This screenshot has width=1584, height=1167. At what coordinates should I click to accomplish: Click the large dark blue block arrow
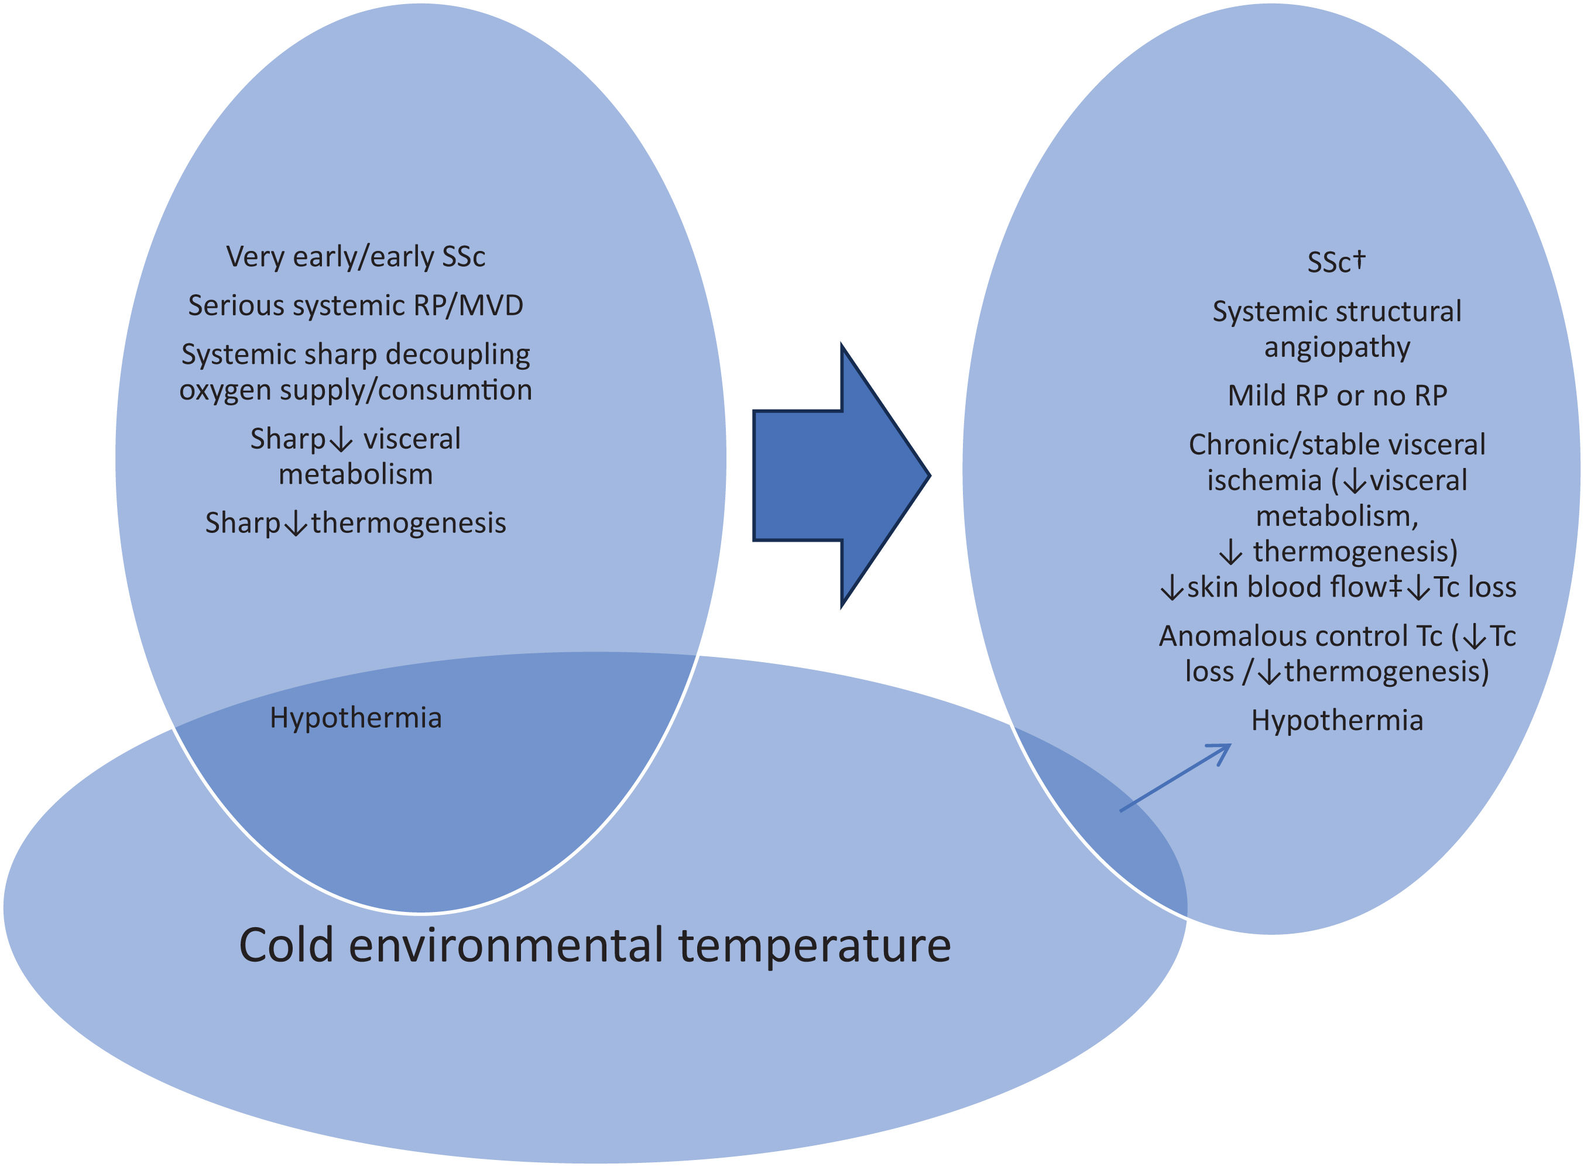[x=834, y=475]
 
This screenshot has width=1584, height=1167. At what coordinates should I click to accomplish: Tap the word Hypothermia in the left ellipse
[x=355, y=718]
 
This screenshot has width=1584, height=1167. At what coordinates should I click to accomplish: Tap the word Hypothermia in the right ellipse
[x=1336, y=721]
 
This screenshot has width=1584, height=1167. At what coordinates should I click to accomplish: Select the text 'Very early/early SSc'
[x=355, y=256]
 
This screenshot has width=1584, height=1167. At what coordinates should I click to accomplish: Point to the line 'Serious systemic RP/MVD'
[x=355, y=305]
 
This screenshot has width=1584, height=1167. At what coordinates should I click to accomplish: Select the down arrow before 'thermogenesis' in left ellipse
[x=296, y=524]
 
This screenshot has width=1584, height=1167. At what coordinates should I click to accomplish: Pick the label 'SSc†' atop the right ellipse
[x=1336, y=262]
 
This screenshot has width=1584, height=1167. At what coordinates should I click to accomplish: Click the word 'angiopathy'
[x=1336, y=347]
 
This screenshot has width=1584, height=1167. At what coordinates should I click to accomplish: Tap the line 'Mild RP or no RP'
[x=1336, y=395]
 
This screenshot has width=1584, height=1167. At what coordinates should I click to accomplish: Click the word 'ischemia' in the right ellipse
[x=1264, y=480]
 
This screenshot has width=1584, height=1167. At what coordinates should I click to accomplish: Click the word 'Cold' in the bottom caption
[x=286, y=945]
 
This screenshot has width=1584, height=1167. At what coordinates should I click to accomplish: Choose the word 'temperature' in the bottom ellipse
[x=814, y=945]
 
